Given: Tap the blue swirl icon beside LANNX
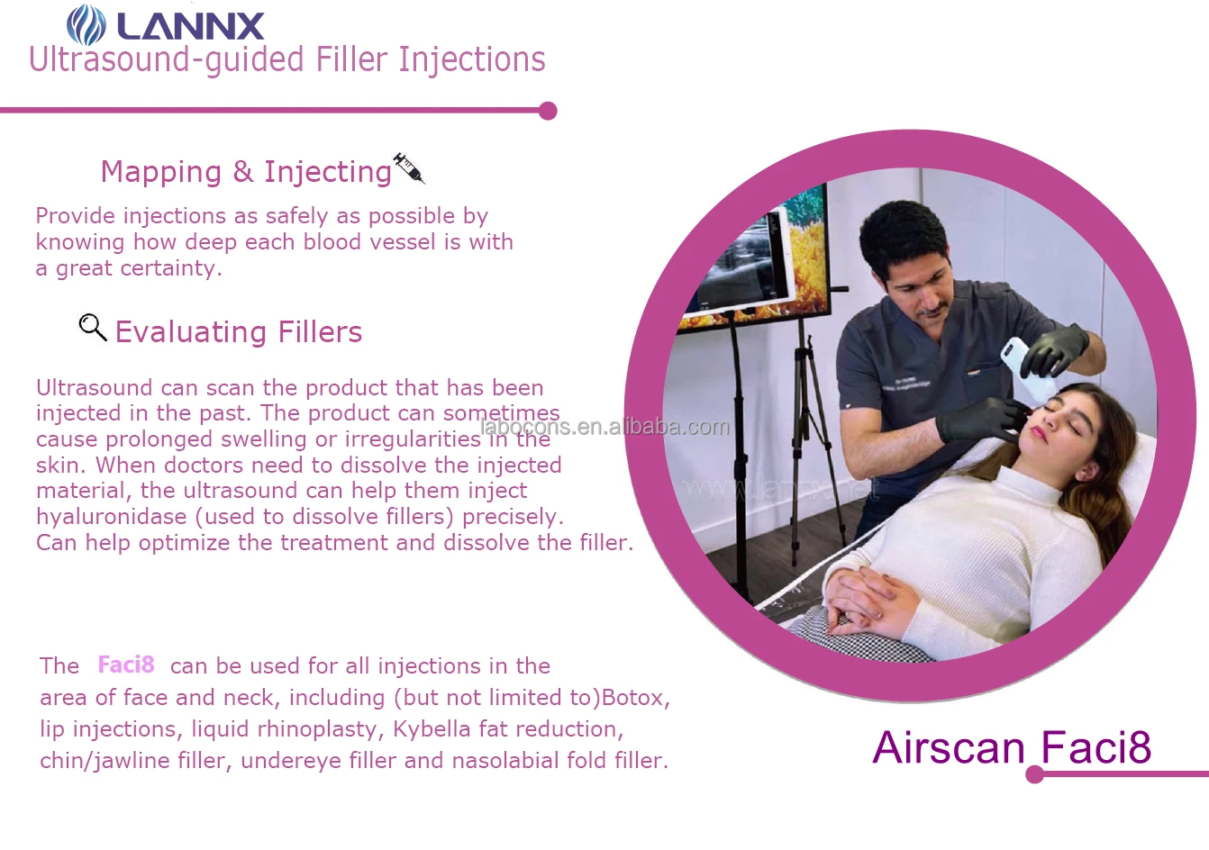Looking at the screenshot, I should coord(86,24).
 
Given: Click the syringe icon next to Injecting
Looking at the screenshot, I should coord(408,167).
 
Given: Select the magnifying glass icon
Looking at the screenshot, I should coord(92,327).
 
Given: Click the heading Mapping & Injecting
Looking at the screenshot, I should coord(246,171).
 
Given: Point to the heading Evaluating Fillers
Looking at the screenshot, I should coord(239,332).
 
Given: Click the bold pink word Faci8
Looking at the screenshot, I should coord(126,665).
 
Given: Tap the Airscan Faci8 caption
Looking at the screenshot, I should coord(1012,747).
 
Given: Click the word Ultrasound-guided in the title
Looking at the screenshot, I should coord(166,60).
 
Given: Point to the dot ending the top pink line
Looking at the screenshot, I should coord(548,111).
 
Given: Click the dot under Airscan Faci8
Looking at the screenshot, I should coord(1034,774).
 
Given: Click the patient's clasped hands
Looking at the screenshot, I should coord(869,599).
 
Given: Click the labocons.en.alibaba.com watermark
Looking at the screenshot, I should coord(604,427).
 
